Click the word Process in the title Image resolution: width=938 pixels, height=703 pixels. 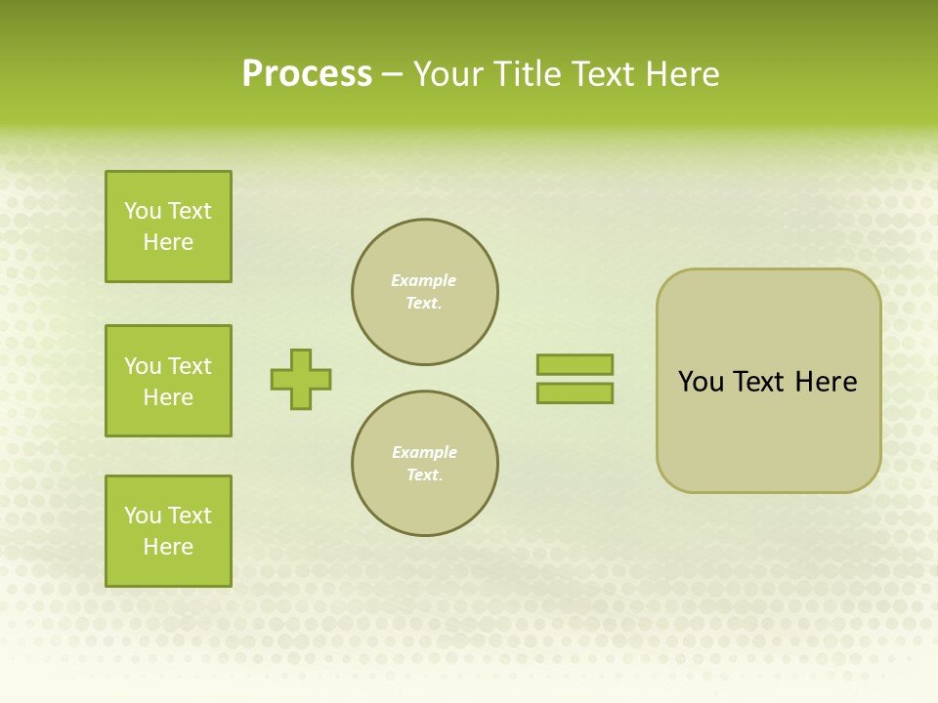click(307, 74)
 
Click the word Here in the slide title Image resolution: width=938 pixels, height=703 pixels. click(681, 74)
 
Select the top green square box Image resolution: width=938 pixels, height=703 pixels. click(168, 227)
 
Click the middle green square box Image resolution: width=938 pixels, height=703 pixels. click(168, 381)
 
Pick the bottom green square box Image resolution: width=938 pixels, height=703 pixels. click(168, 531)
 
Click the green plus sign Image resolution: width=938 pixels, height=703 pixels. click(301, 379)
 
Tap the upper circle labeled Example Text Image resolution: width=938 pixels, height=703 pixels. click(425, 292)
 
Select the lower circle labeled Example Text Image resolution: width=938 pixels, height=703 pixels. click(425, 464)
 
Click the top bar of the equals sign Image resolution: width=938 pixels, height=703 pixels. click(575, 364)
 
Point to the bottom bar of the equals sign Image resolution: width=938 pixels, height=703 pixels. click(575, 393)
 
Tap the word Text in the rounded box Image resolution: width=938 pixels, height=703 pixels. click(758, 382)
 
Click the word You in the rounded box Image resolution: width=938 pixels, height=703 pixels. click(701, 382)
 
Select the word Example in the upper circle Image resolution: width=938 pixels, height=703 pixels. click(424, 280)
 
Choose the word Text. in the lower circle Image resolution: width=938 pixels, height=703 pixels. click(424, 476)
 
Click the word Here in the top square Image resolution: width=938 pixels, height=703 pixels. click(168, 242)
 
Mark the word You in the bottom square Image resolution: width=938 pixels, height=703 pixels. click(143, 516)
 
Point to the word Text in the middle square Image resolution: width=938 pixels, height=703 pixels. click(190, 366)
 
